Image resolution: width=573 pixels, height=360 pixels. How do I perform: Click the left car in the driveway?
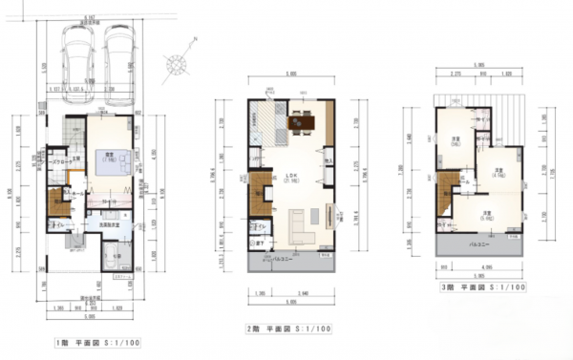coord(74,56)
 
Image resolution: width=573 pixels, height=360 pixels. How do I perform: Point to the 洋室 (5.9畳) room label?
coord(486,215)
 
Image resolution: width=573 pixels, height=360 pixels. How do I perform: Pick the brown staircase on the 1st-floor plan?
coord(55,204)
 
